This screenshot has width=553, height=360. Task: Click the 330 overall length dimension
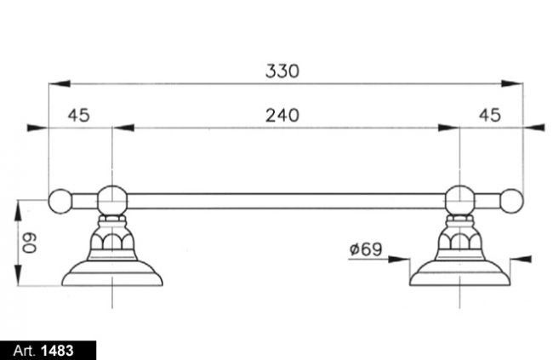click(x=282, y=71)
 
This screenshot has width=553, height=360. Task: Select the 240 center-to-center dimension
click(x=282, y=116)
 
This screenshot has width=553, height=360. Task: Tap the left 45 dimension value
click(x=78, y=116)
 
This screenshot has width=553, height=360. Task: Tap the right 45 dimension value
click(x=489, y=116)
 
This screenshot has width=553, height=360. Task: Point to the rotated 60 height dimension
click(x=29, y=243)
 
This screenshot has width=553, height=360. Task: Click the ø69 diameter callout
click(x=366, y=249)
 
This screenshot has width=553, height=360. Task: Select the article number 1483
click(x=57, y=351)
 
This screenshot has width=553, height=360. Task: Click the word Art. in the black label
click(x=25, y=351)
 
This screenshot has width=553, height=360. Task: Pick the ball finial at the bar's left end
click(x=60, y=201)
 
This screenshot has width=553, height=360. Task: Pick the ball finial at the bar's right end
click(x=511, y=201)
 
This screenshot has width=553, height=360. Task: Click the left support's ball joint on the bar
click(x=112, y=201)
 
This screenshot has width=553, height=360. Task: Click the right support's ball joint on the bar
click(x=460, y=201)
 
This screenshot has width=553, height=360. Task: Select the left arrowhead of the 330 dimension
click(x=60, y=84)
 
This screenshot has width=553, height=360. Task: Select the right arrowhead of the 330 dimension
click(x=512, y=84)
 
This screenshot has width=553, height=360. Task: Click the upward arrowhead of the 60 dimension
click(x=18, y=211)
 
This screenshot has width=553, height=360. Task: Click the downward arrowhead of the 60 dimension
click(x=18, y=275)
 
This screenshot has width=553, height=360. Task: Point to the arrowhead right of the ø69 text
click(x=398, y=260)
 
